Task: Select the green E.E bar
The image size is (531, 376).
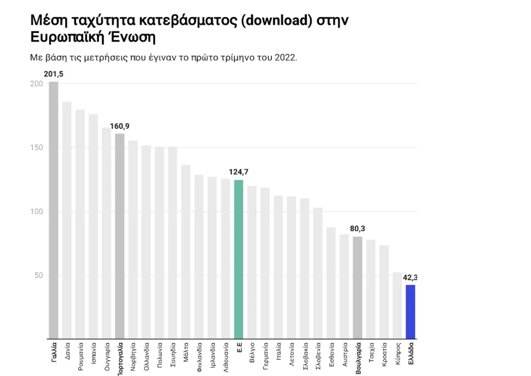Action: point(238,259)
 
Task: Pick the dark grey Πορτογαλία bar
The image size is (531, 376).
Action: point(119,236)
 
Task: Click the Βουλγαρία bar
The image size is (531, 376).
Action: point(357,288)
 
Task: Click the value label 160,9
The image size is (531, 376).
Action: point(119,126)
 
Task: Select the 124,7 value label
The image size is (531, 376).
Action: point(238,172)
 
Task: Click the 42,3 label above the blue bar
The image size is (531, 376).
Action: point(410,277)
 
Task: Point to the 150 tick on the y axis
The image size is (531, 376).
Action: point(36,148)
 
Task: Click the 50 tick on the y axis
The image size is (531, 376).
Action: point(38,276)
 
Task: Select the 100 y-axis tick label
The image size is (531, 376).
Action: point(36,212)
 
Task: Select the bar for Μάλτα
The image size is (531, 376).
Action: point(186,252)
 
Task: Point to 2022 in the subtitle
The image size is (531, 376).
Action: point(287,58)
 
